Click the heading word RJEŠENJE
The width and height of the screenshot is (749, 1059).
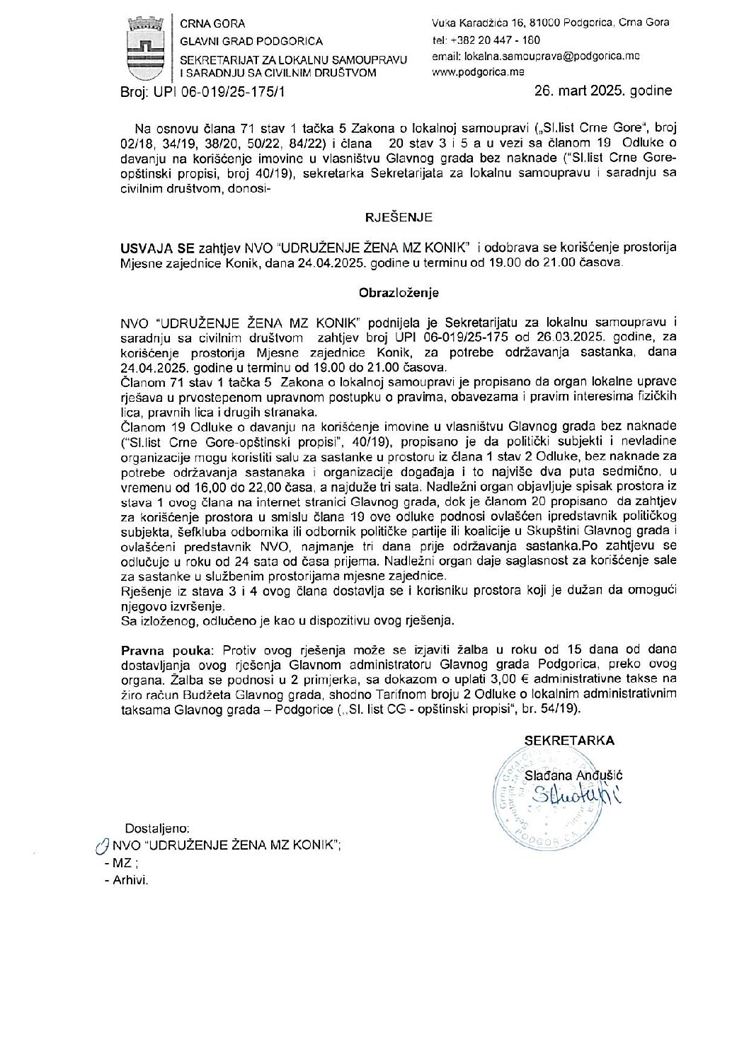click(x=399, y=218)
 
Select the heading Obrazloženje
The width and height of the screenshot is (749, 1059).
click(x=399, y=291)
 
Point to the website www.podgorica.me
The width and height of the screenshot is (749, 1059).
click(x=478, y=72)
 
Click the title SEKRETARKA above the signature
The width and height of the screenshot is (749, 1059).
click(x=569, y=741)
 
